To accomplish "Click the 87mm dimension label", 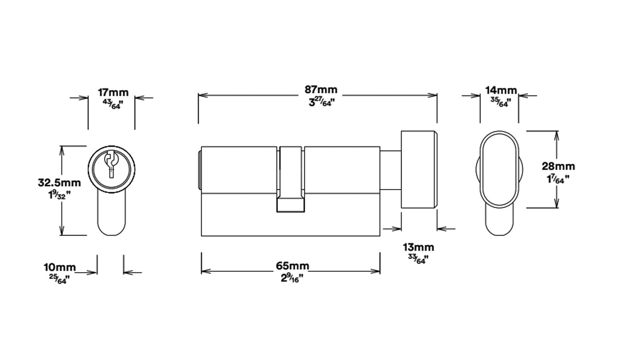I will point(321,90).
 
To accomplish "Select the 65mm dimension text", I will point(292,266).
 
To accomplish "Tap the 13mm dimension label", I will point(418,247).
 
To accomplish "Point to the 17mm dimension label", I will point(113,93).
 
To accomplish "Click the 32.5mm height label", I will point(59,182).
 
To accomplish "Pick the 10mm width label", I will point(60,267).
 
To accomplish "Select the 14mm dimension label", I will point(500,90).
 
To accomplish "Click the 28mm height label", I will point(558,166).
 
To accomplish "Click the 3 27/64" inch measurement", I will point(321,103).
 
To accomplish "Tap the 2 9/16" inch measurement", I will point(292,278).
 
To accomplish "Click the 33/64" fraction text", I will point(417,259).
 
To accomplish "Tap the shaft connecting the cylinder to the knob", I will point(390,170).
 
